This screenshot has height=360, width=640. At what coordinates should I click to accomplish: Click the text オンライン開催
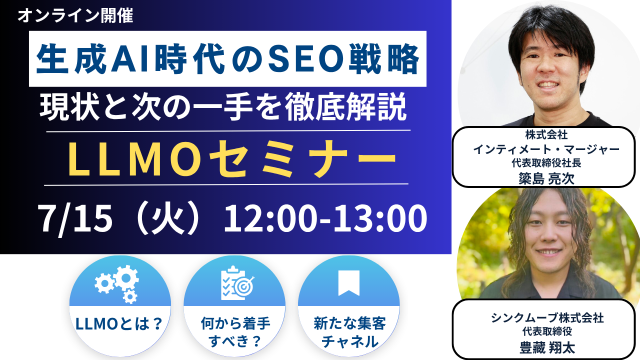coord(75,15)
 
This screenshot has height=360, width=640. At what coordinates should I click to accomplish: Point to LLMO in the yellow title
coord(133,159)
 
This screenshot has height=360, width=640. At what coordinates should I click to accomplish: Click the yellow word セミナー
coord(302,159)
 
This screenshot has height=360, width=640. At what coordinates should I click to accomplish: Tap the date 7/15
coord(75,219)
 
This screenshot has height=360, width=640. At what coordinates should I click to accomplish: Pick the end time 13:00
coord(380,219)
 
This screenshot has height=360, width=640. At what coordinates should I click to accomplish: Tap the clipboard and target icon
coord(237,283)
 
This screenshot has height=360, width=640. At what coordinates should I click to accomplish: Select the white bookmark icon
coord(349,283)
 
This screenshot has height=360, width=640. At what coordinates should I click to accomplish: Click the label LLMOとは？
coord(119,324)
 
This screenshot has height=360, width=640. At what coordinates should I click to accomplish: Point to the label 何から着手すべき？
coord(235,332)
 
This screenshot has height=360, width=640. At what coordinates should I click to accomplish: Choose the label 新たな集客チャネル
coord(349,332)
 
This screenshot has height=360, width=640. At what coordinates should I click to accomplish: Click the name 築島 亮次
coord(546,178)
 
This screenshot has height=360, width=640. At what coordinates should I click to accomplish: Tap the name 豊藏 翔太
coord(547,348)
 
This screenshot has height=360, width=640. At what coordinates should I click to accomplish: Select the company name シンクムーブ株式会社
coord(547,317)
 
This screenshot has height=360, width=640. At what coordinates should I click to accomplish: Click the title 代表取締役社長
coord(546,163)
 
